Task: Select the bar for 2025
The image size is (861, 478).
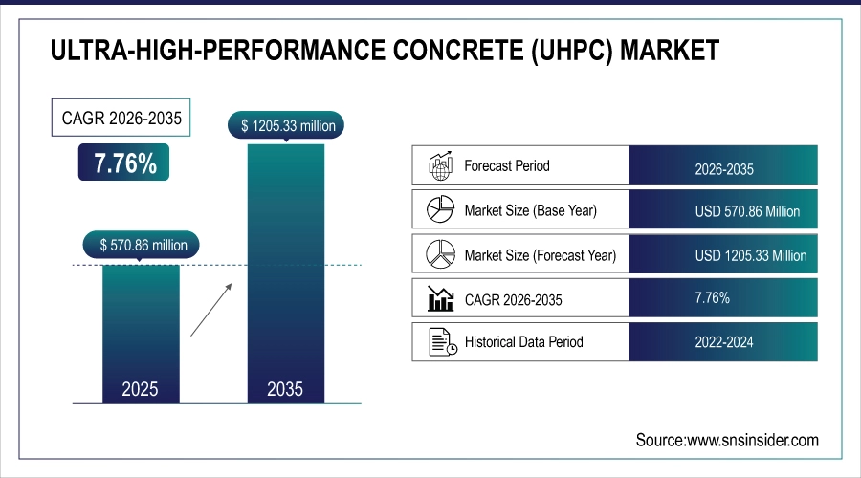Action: (141, 325)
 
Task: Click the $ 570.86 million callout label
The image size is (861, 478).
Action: (143, 245)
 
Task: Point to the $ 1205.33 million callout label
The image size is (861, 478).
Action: (285, 124)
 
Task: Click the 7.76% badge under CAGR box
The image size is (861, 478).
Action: (124, 163)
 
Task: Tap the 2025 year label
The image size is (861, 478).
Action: (141, 389)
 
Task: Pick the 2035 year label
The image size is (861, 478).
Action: (285, 389)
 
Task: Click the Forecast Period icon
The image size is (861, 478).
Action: (439, 166)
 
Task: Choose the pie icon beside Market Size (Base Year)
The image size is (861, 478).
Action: (439, 210)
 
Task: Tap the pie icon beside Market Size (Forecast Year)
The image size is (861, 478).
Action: (439, 254)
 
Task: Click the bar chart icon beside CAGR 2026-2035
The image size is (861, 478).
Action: (439, 299)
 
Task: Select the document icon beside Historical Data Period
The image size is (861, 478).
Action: (439, 342)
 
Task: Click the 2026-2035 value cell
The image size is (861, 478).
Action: (724, 168)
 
